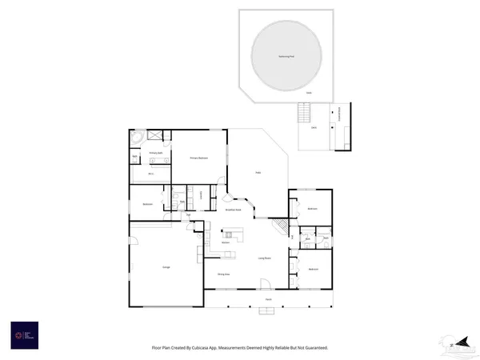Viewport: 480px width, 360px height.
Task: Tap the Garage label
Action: tap(166, 267)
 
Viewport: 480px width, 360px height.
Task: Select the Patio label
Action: tap(258, 172)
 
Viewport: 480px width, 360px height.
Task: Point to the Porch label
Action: tap(269, 301)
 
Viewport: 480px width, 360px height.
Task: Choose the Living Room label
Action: tap(263, 258)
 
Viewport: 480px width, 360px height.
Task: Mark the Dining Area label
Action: tap(224, 274)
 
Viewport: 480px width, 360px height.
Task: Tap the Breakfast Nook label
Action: tap(234, 209)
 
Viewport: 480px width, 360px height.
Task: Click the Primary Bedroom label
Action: tap(198, 158)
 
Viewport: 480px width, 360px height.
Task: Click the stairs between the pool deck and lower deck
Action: tap(305, 113)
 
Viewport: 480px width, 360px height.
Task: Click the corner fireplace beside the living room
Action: tap(281, 229)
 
